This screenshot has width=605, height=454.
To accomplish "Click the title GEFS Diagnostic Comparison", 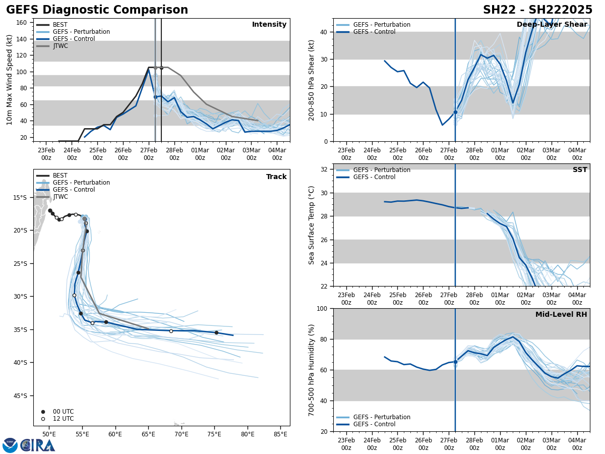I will pyautogui.click(x=97, y=10).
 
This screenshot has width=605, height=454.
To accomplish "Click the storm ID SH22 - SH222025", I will pyautogui.click(x=537, y=10).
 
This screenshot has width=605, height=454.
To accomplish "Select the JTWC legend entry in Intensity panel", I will pyautogui.click(x=60, y=46).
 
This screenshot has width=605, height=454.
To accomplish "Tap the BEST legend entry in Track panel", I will pyautogui.click(x=60, y=176).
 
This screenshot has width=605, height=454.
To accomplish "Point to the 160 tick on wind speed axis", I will pyautogui.click(x=23, y=22).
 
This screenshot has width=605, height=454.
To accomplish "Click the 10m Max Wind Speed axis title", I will pyautogui.click(x=10, y=80).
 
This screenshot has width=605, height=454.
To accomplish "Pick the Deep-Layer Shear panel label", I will pyautogui.click(x=552, y=25).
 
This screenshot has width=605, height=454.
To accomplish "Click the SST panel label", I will pyautogui.click(x=580, y=170).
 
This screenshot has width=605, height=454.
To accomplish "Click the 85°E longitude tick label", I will pyautogui.click(x=281, y=434).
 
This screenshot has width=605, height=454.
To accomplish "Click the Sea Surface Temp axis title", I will pyautogui.click(x=312, y=225).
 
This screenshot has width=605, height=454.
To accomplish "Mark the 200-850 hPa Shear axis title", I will pyautogui.click(x=312, y=80).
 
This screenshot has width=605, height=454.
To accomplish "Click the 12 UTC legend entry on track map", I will pyautogui.click(x=63, y=419).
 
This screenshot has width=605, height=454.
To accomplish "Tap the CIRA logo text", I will pyautogui.click(x=38, y=445).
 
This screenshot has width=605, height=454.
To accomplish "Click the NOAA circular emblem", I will pyautogui.click(x=10, y=445).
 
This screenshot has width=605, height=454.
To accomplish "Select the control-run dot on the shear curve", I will pyautogui.click(x=455, y=112).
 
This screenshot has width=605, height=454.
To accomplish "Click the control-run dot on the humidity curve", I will pyautogui.click(x=455, y=362).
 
